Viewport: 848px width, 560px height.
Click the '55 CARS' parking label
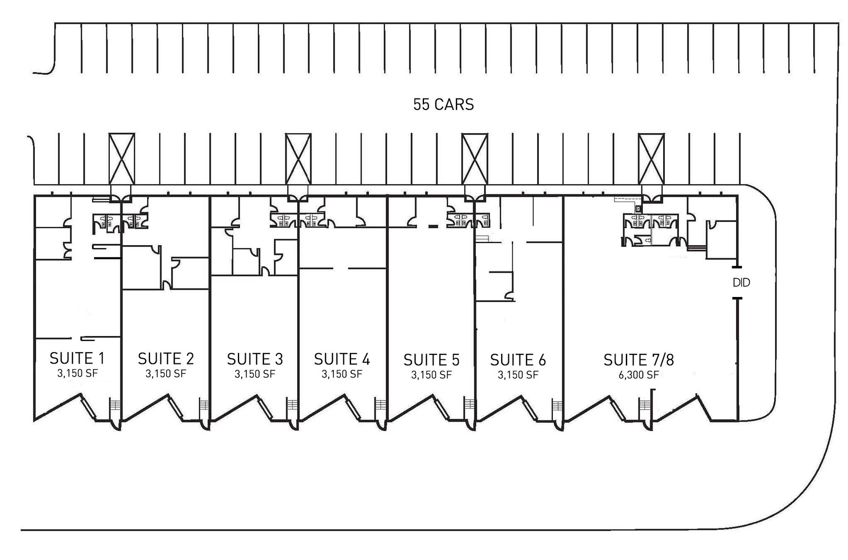pyautogui.click(x=444, y=104)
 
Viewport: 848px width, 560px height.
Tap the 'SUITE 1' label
pyautogui.click(x=77, y=358)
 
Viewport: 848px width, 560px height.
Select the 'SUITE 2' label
pyautogui.click(x=166, y=359)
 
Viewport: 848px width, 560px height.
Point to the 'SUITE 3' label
pyautogui.click(x=255, y=359)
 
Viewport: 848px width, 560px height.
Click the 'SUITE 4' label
pyautogui.click(x=342, y=359)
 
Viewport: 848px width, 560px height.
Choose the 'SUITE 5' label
pyautogui.click(x=431, y=360)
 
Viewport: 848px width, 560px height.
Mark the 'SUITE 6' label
pyautogui.click(x=518, y=360)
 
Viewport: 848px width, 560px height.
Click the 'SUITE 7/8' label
pyautogui.click(x=639, y=360)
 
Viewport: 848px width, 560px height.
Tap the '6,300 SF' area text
pyautogui.click(x=639, y=375)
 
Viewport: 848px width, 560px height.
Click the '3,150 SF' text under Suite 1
pyautogui.click(x=78, y=373)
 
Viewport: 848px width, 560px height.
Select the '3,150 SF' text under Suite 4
pyautogui.click(x=342, y=374)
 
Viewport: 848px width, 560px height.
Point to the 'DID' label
pyautogui.click(x=742, y=283)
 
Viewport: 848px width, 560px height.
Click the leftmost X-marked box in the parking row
pyautogui.click(x=122, y=159)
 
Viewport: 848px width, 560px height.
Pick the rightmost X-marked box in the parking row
pyautogui.click(x=651, y=159)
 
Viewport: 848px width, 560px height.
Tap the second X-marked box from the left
pyautogui.click(x=298, y=159)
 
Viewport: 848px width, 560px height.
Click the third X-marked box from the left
pyautogui.click(x=474, y=159)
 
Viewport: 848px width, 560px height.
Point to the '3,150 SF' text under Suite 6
pyautogui.click(x=518, y=375)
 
